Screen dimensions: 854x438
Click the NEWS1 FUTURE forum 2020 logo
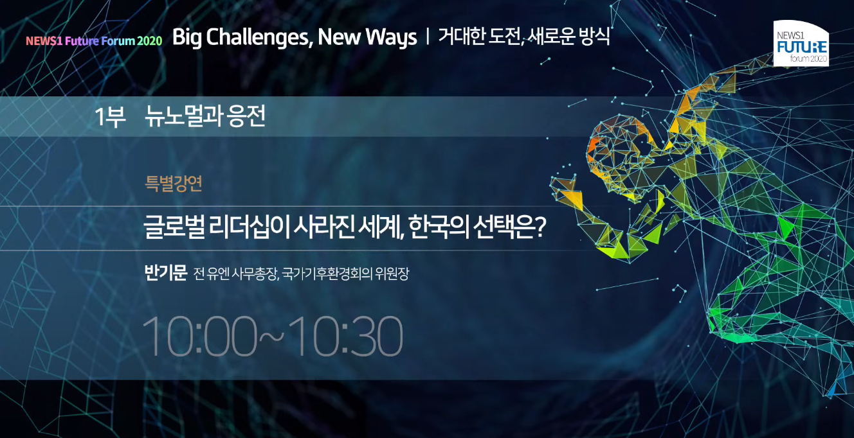tap(801, 43)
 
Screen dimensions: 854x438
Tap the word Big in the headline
tap(186, 38)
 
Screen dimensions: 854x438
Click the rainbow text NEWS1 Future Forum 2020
tap(94, 40)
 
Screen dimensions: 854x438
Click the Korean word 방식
tap(594, 37)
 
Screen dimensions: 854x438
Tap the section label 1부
tap(110, 116)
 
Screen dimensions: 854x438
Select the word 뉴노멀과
tap(183, 116)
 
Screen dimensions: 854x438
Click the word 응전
tap(246, 116)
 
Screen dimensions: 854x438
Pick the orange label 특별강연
tap(173, 184)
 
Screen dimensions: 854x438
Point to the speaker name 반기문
tap(166, 273)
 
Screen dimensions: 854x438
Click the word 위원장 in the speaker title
tap(392, 274)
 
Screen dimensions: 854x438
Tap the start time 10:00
tap(200, 337)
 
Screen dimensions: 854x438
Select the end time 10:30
tap(345, 337)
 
